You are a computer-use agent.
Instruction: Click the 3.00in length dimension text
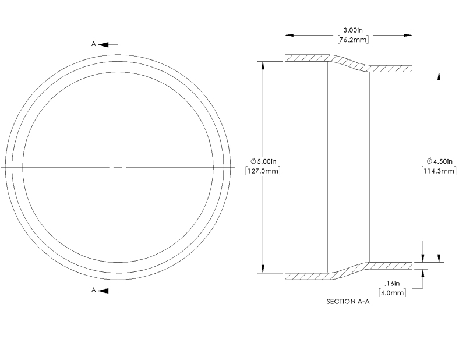point(349,29)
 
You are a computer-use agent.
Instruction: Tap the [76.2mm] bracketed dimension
point(349,40)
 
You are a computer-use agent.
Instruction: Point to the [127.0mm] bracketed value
point(264,172)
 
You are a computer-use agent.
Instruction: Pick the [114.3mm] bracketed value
point(438,172)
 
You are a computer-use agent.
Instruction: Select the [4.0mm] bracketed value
point(392,293)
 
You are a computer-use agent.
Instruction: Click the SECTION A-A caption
point(348,302)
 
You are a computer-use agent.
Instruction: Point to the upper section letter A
point(93,44)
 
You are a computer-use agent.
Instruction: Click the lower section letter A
point(93,290)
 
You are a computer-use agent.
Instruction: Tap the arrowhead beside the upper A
point(103,44)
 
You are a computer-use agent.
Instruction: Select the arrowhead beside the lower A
point(103,290)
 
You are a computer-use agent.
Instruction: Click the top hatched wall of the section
point(309,58)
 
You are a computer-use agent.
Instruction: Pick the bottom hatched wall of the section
point(309,276)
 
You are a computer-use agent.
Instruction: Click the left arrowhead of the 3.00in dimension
point(288,35)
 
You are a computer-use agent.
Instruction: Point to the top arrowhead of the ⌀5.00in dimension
point(264,65)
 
